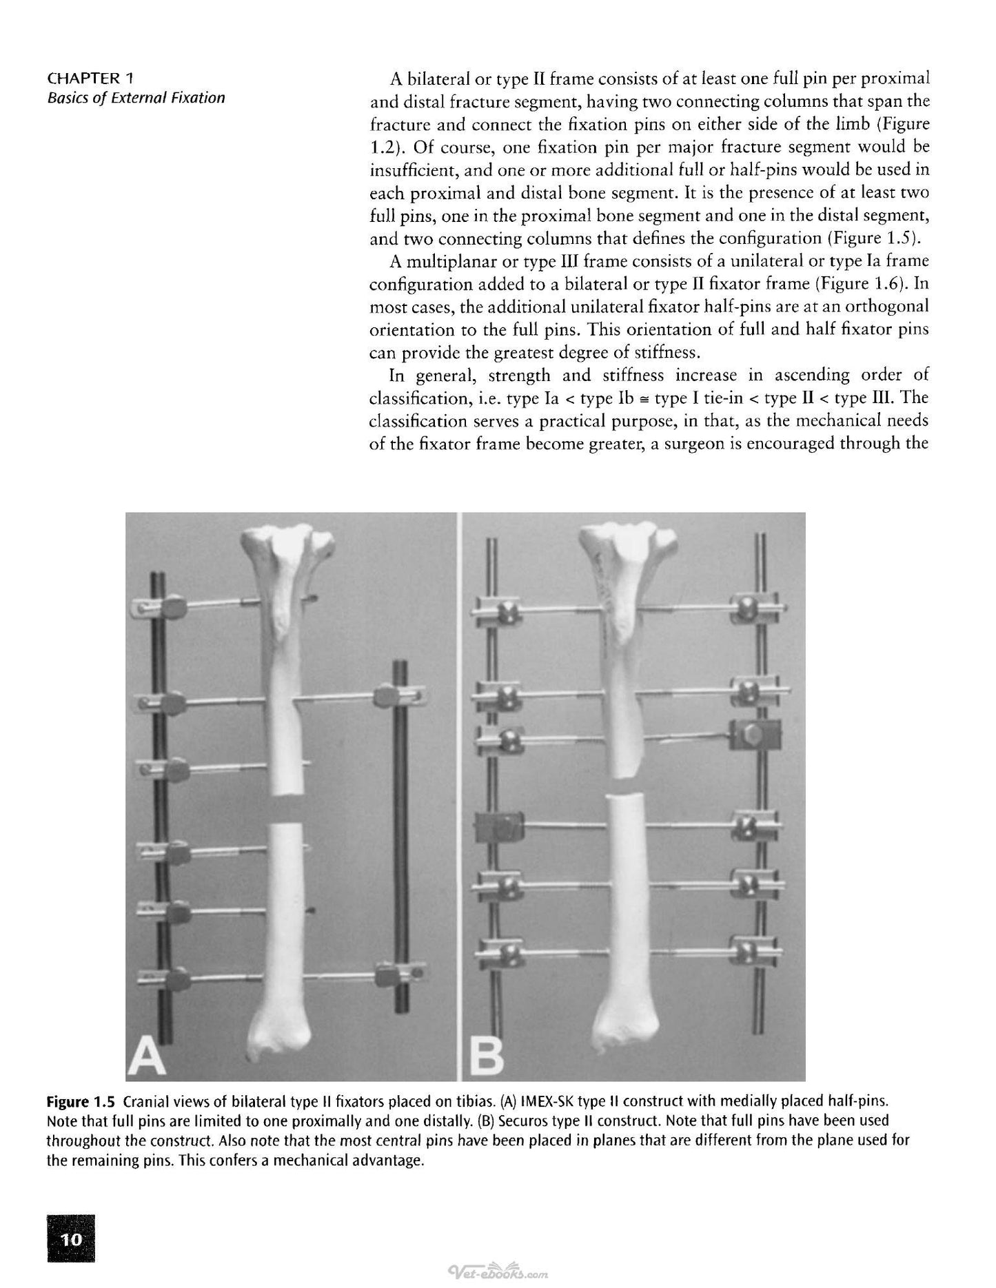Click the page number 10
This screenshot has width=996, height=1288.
(x=71, y=1240)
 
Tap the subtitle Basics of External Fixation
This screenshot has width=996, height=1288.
(x=136, y=98)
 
